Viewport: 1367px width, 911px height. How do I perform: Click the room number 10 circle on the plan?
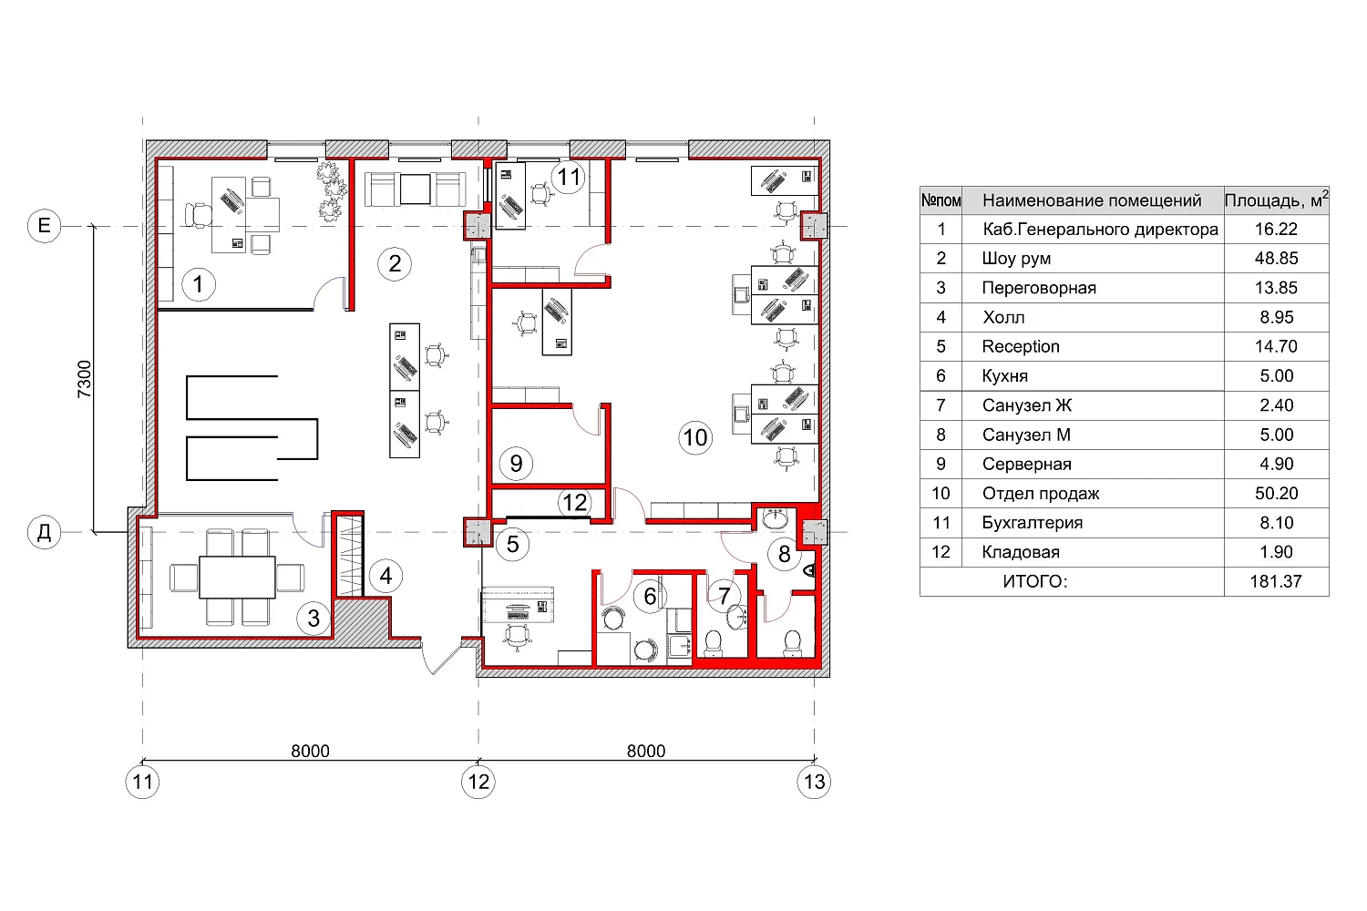pyautogui.click(x=695, y=437)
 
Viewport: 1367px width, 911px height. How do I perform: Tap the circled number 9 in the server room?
pyautogui.click(x=516, y=463)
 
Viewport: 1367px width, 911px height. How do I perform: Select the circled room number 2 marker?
pyautogui.click(x=395, y=264)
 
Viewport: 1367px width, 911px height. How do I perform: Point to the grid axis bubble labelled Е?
pyautogui.click(x=44, y=226)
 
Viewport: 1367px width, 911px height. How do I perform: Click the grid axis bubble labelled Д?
pyautogui.click(x=44, y=532)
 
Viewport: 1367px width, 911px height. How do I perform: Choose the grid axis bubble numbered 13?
pyautogui.click(x=814, y=782)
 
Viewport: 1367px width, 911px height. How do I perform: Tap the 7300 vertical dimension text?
pyautogui.click(x=84, y=379)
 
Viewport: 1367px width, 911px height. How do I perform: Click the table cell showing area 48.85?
pyautogui.click(x=1276, y=258)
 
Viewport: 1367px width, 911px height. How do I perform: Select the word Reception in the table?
pyautogui.click(x=1021, y=346)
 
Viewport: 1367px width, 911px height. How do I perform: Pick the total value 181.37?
pyautogui.click(x=1276, y=581)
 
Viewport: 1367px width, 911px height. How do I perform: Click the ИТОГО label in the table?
pyautogui.click(x=1035, y=581)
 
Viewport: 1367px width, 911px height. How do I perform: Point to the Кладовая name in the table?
pyautogui.click(x=1021, y=552)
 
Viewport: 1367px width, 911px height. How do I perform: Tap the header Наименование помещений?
pyautogui.click(x=1092, y=200)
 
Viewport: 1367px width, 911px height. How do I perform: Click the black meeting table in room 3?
pyautogui.click(x=237, y=577)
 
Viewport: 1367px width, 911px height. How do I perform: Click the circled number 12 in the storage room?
pyautogui.click(x=574, y=503)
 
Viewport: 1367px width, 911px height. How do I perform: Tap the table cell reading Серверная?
pyautogui.click(x=1026, y=465)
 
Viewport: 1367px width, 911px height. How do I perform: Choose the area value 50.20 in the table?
pyautogui.click(x=1276, y=493)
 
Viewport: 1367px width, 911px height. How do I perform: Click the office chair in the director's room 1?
pyautogui.click(x=199, y=215)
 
